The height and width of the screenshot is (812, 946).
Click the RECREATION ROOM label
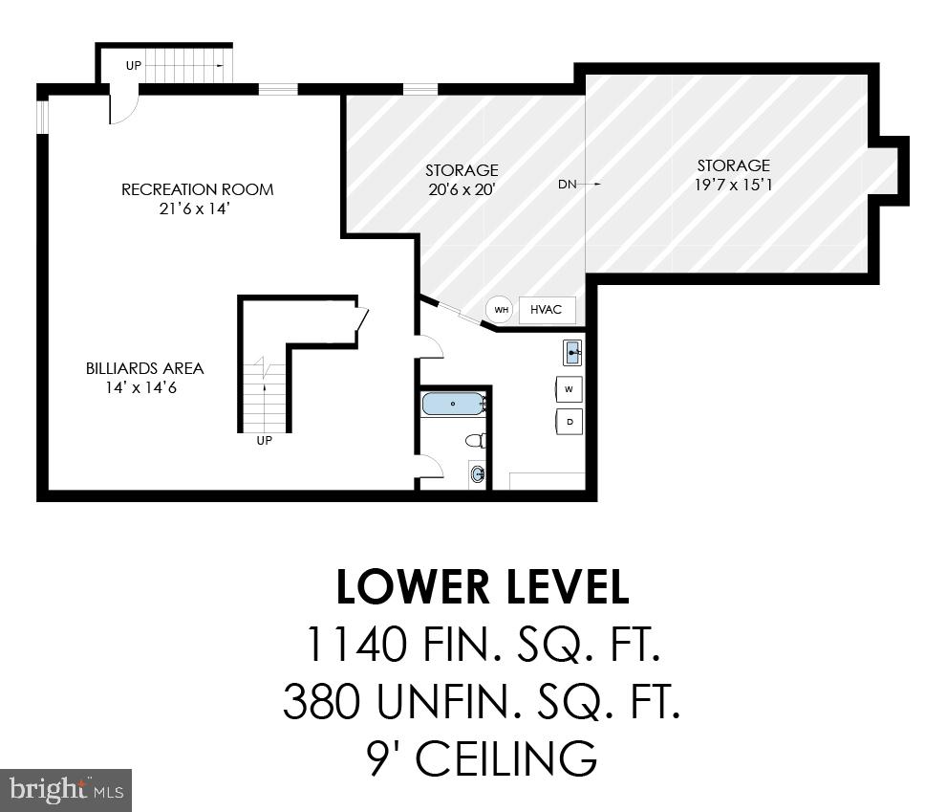click(197, 189)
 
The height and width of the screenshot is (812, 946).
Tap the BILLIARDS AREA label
click(144, 368)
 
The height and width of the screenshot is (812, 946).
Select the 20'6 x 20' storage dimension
click(462, 189)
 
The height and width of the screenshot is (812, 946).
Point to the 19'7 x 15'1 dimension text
click(733, 184)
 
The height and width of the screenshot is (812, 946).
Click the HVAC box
click(547, 310)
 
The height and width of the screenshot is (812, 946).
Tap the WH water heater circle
click(501, 310)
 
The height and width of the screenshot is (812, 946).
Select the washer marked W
click(570, 389)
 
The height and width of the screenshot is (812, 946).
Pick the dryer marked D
click(570, 421)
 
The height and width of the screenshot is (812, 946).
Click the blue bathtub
click(454, 405)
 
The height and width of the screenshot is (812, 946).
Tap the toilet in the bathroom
click(476, 440)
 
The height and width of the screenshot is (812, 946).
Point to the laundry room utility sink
click(571, 353)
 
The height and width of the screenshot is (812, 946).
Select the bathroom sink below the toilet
click(477, 473)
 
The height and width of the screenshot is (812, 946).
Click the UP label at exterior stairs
click(135, 65)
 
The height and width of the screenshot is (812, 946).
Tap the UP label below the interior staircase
click(264, 441)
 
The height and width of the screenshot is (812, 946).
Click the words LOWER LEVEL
click(483, 587)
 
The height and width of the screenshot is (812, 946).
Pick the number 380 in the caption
click(321, 702)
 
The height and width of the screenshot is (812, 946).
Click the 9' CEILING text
click(483, 759)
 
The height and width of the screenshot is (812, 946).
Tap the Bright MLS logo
click(65, 790)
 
